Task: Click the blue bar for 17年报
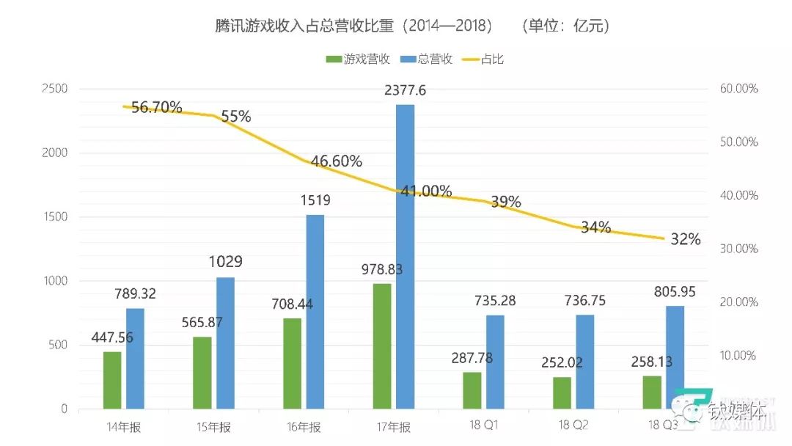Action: tap(405, 257)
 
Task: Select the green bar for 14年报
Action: tap(112, 380)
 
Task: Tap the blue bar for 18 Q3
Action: tap(675, 357)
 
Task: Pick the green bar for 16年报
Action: tap(292, 363)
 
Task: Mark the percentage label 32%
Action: tap(685, 239)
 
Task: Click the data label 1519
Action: tap(315, 200)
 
